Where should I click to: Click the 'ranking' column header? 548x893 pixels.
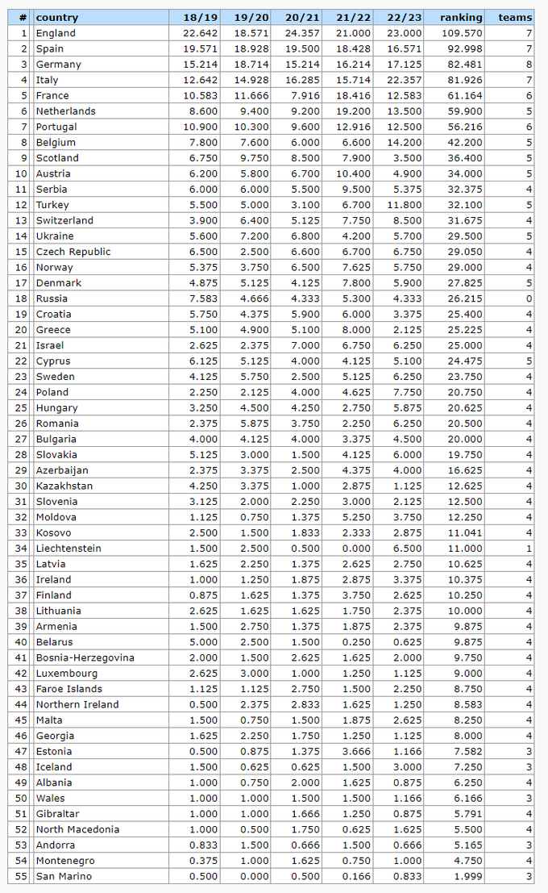pos(461,17)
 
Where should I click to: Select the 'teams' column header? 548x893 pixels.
pos(515,17)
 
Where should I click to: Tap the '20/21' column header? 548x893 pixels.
pos(303,17)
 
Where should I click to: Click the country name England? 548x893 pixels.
pos(56,33)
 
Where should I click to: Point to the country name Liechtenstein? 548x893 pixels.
pos(68,549)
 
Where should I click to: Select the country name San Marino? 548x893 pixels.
pos(64,876)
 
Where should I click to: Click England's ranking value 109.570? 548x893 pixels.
pos(463,33)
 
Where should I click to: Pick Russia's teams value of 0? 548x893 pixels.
pos(529,298)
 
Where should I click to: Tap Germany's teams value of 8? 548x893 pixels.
pos(529,65)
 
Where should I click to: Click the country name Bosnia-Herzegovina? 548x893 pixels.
pos(85,657)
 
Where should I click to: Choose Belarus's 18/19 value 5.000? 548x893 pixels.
pos(202,642)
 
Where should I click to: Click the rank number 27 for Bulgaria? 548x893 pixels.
pos(21,439)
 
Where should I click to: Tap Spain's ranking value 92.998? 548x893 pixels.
pos(465,48)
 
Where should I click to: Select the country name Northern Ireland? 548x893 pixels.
pos(77,704)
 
